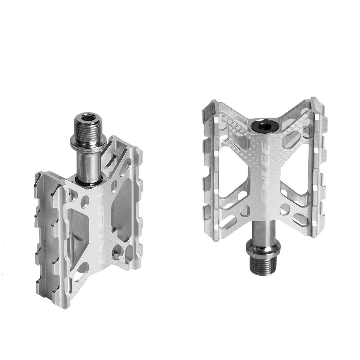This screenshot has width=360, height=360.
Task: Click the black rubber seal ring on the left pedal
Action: pyautogui.click(x=88, y=180)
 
